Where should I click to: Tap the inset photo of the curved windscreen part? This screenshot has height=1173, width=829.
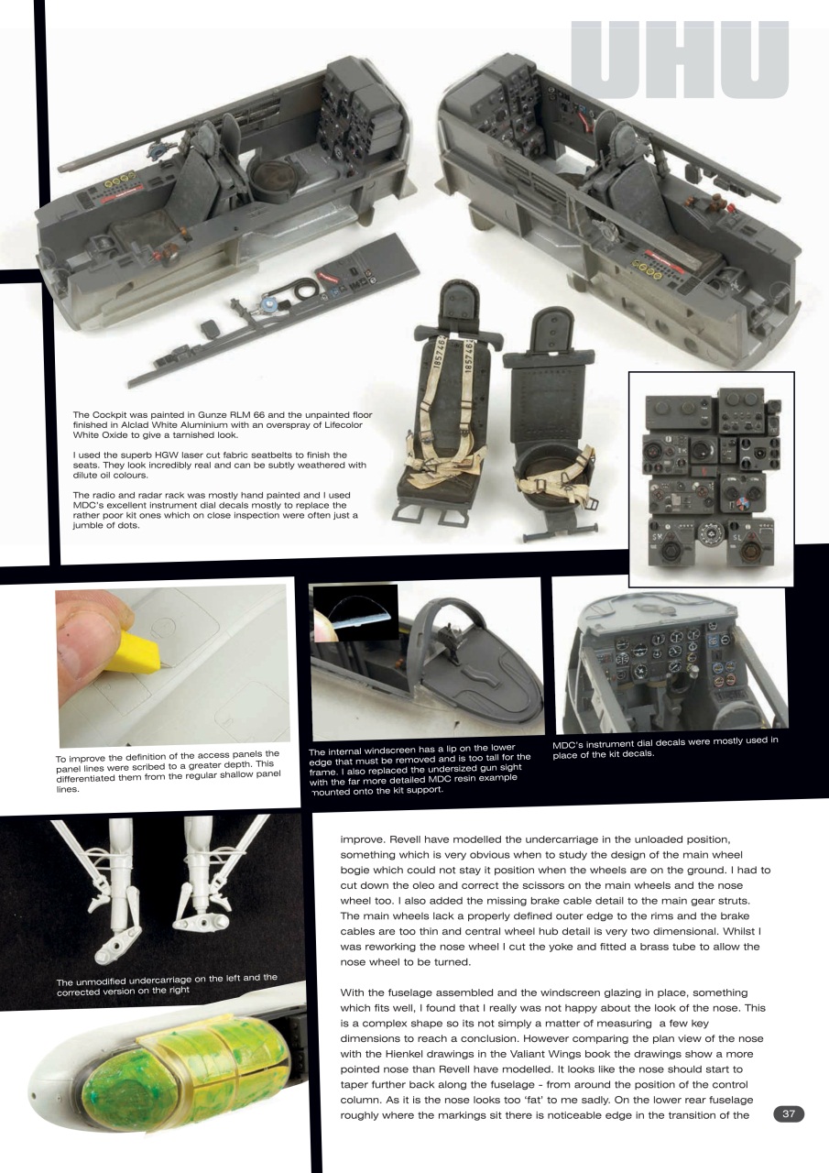point(355,613)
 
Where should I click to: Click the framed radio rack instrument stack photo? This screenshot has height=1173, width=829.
point(711,478)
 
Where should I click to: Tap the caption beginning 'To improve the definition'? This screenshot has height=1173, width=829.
point(168,772)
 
